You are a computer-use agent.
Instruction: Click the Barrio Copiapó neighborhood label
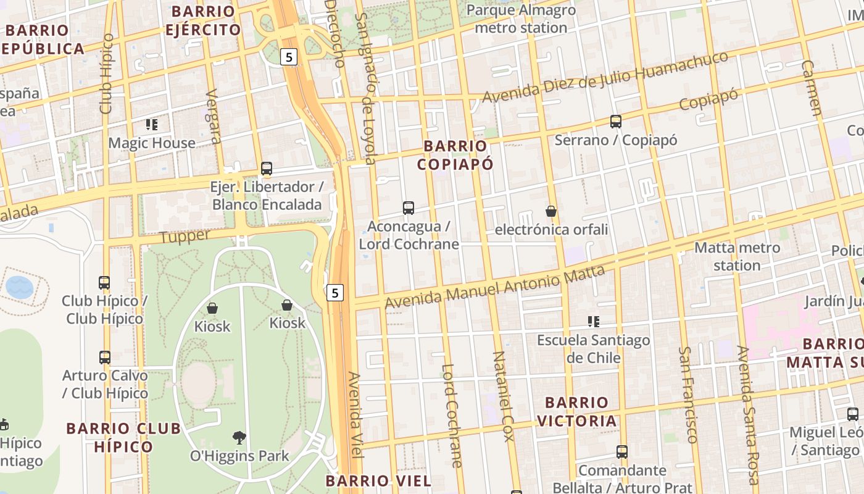pos(455,155)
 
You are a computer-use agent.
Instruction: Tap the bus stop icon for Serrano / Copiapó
pos(615,122)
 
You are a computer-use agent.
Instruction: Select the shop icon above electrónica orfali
pos(551,211)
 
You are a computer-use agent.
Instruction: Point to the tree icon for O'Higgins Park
pos(239,438)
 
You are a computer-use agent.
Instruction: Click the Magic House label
pos(152,143)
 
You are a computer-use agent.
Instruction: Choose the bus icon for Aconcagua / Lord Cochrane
pos(409,208)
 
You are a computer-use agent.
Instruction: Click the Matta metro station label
pos(737,256)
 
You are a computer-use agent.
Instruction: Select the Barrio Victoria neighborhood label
pos(576,412)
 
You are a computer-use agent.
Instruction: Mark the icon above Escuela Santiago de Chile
pos(594,321)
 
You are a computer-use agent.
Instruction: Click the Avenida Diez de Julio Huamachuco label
pos(605,77)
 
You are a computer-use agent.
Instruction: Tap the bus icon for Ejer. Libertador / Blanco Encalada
pos(267,169)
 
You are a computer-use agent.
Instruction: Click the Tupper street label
pos(185,237)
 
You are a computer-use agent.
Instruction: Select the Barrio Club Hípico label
pos(123,437)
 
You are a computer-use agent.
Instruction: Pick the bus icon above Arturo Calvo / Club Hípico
pos(105,357)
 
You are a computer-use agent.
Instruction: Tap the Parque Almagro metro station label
pos(521,19)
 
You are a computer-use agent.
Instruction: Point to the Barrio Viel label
pos(378,480)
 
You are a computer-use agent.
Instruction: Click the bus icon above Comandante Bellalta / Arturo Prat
pos(622,451)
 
